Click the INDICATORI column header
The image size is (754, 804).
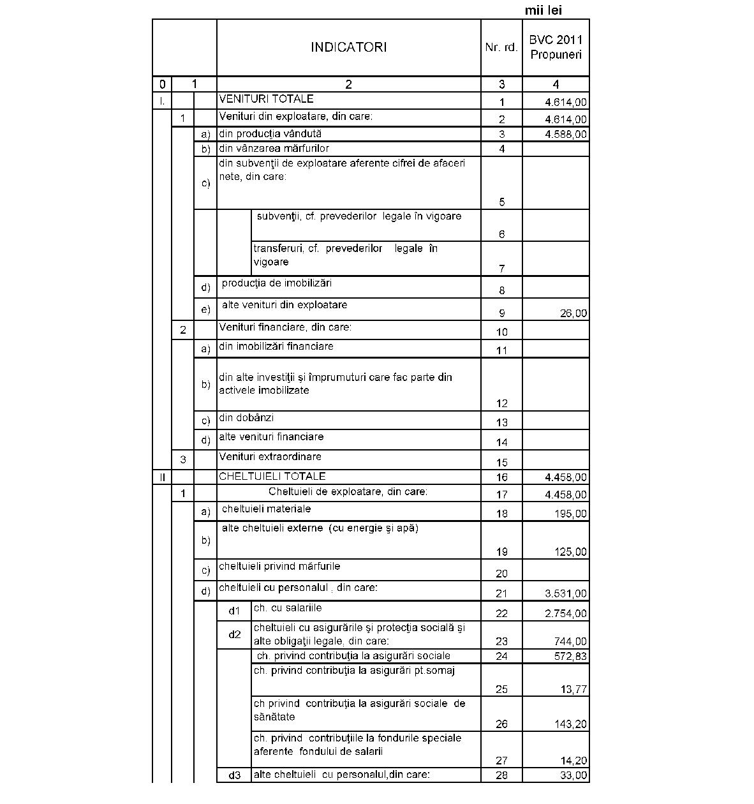pos(348,47)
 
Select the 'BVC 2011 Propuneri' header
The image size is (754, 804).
pos(556,47)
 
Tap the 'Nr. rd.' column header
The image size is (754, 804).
pos(501,48)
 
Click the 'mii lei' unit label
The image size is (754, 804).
pos(543,10)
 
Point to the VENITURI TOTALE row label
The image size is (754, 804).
pos(266,99)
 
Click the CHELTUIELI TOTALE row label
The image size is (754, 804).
pos(272,476)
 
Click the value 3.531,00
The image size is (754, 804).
pos(566,593)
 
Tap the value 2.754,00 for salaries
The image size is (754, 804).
pos(566,614)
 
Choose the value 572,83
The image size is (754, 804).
pos(571,657)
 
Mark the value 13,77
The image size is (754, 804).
pos(574,689)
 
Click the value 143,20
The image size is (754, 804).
pos(571,724)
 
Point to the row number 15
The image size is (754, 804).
pos(501,463)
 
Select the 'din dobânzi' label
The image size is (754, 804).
pos(246,417)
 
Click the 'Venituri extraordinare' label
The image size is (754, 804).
pos(270,457)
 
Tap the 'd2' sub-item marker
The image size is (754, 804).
pos(235,634)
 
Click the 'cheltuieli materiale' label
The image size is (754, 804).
pos(266,509)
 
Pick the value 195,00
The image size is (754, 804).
pos(571,514)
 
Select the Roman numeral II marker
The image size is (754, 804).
pos(162,477)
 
